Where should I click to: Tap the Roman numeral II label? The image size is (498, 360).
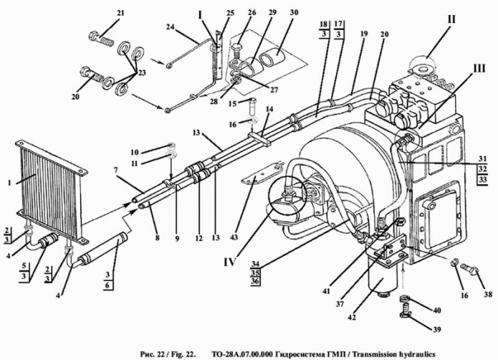point(451,19)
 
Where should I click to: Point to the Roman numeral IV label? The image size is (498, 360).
point(229,262)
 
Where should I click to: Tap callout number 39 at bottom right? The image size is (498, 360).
point(437,329)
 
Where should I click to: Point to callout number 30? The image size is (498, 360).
point(294,13)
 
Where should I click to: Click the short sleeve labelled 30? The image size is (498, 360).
point(272,59)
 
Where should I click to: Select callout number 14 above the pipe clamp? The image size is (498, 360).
point(269,109)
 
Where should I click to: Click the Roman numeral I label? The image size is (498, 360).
point(200,14)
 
